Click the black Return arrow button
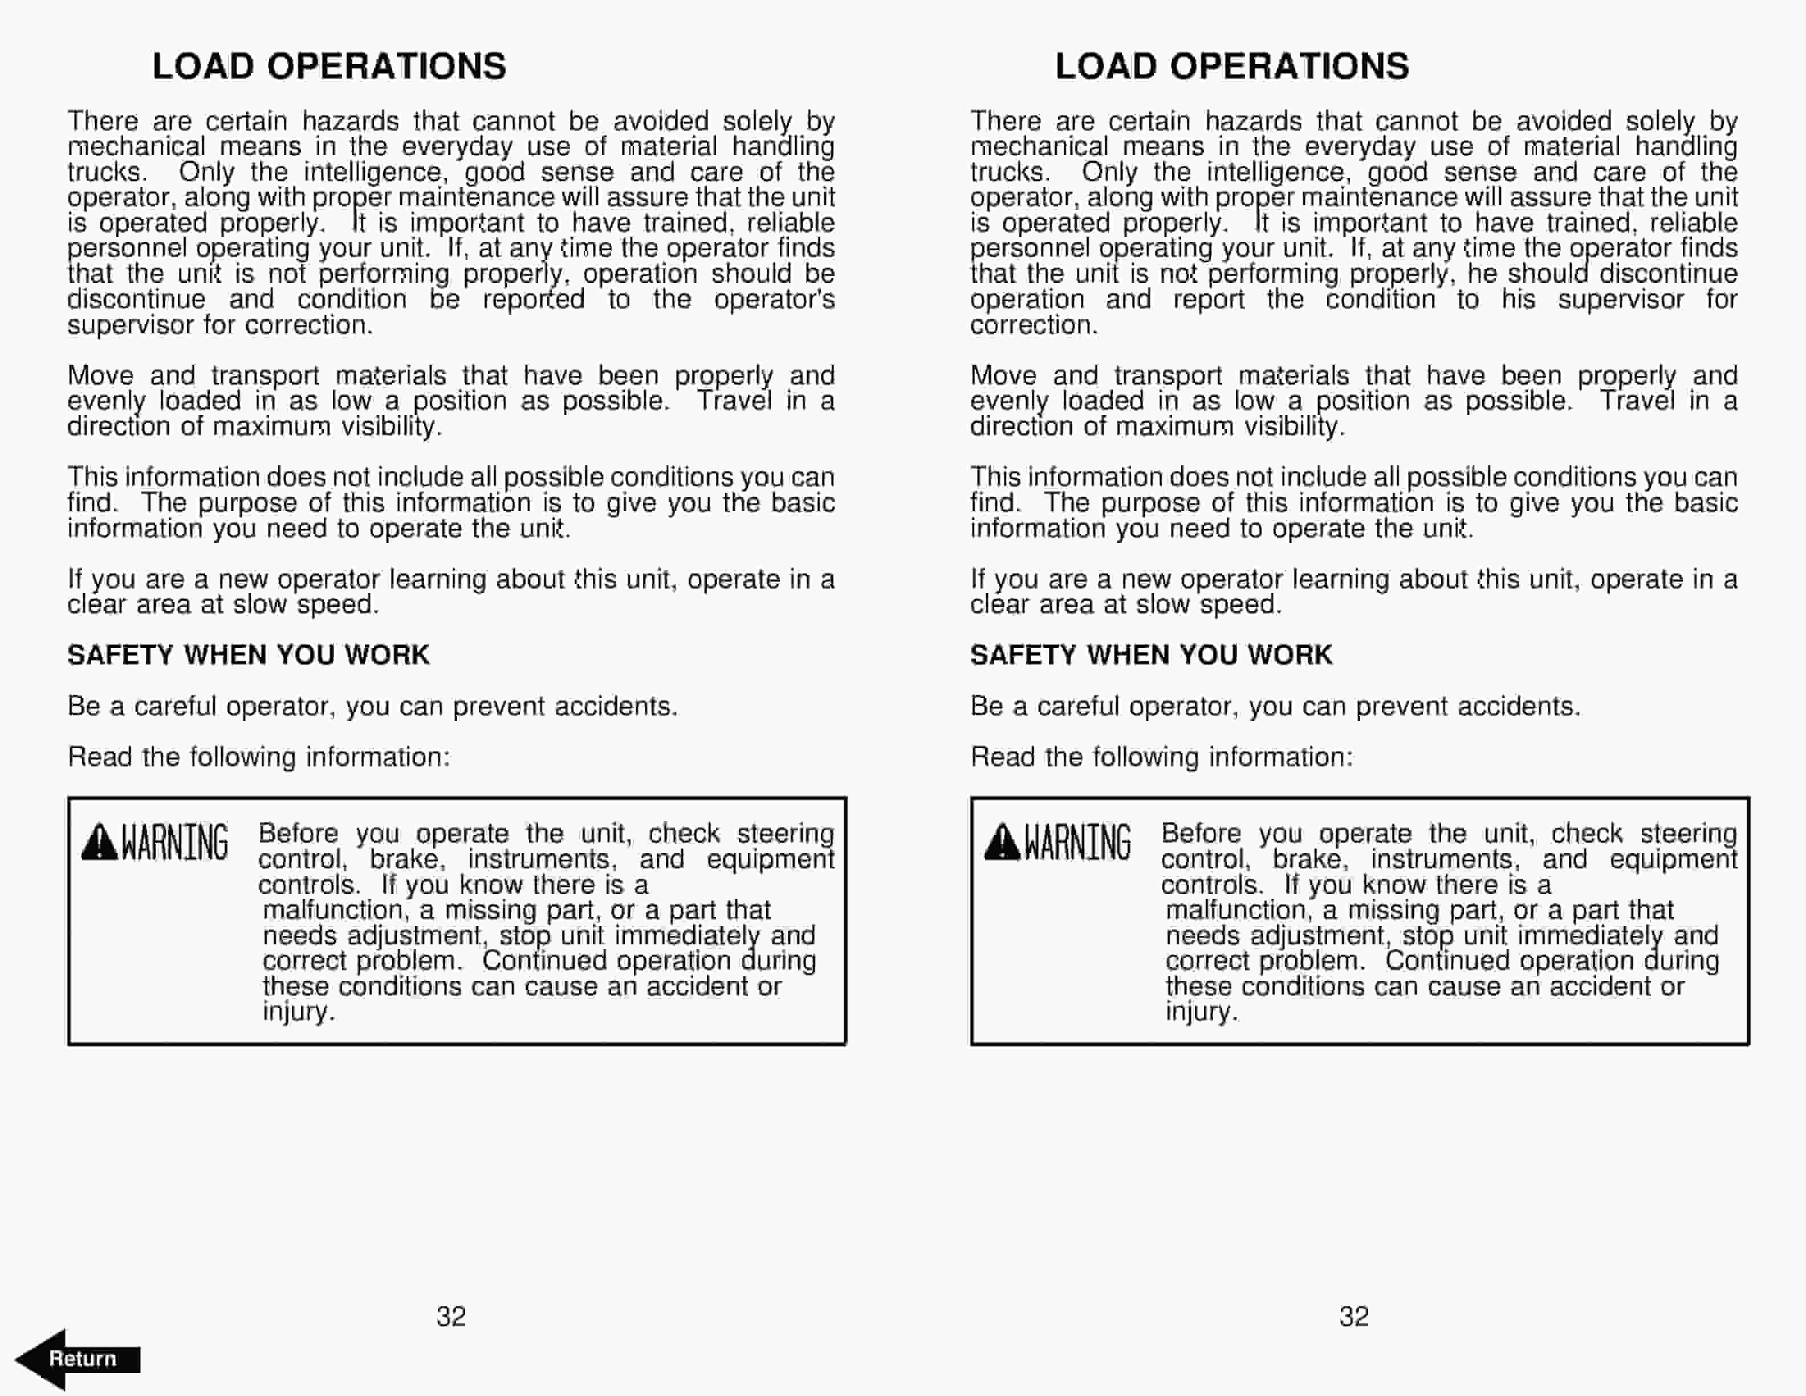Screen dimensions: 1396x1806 click(x=79, y=1359)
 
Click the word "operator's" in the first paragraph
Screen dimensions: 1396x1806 click(x=774, y=299)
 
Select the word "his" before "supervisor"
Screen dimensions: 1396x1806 click(x=1518, y=299)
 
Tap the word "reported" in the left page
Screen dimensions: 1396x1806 click(x=534, y=299)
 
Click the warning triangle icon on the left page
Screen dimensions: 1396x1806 click(x=99, y=842)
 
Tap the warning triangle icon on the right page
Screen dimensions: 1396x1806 click(x=1002, y=842)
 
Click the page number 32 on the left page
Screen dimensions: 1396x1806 click(x=451, y=1316)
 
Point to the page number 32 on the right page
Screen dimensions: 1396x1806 click(x=1354, y=1316)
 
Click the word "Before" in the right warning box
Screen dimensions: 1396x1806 click(x=1201, y=834)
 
